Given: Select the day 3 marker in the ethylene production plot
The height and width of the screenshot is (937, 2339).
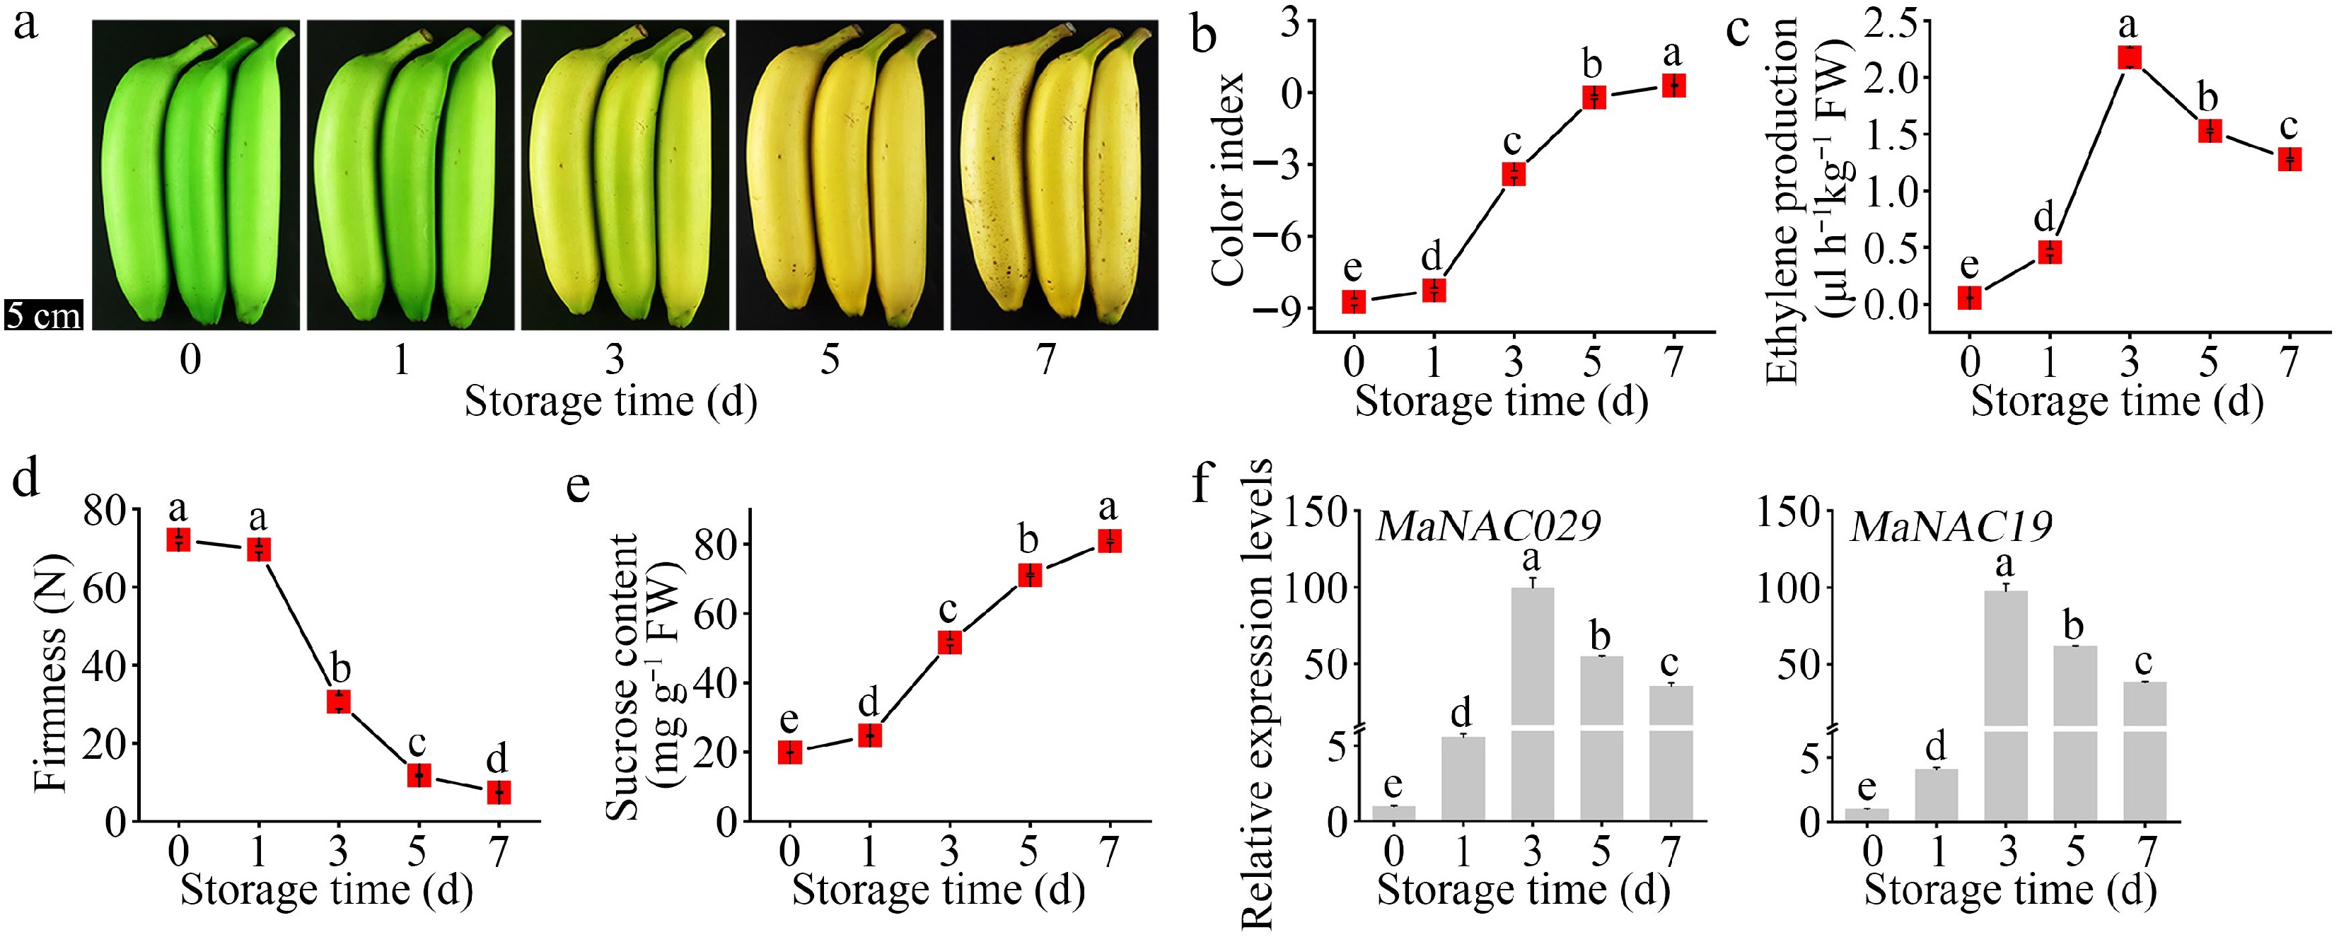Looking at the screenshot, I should [2129, 57].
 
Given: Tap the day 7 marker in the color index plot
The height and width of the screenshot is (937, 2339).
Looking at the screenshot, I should [1673, 86].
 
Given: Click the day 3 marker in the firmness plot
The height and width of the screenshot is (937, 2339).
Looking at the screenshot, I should [339, 701].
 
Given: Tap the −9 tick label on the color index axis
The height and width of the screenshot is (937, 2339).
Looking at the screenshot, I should [1279, 309].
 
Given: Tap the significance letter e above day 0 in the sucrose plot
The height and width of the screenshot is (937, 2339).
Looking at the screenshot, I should [789, 720].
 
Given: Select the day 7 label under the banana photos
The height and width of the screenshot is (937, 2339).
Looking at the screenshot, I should [1046, 361].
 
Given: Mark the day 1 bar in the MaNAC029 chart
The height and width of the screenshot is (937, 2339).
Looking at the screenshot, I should [1463, 778].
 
